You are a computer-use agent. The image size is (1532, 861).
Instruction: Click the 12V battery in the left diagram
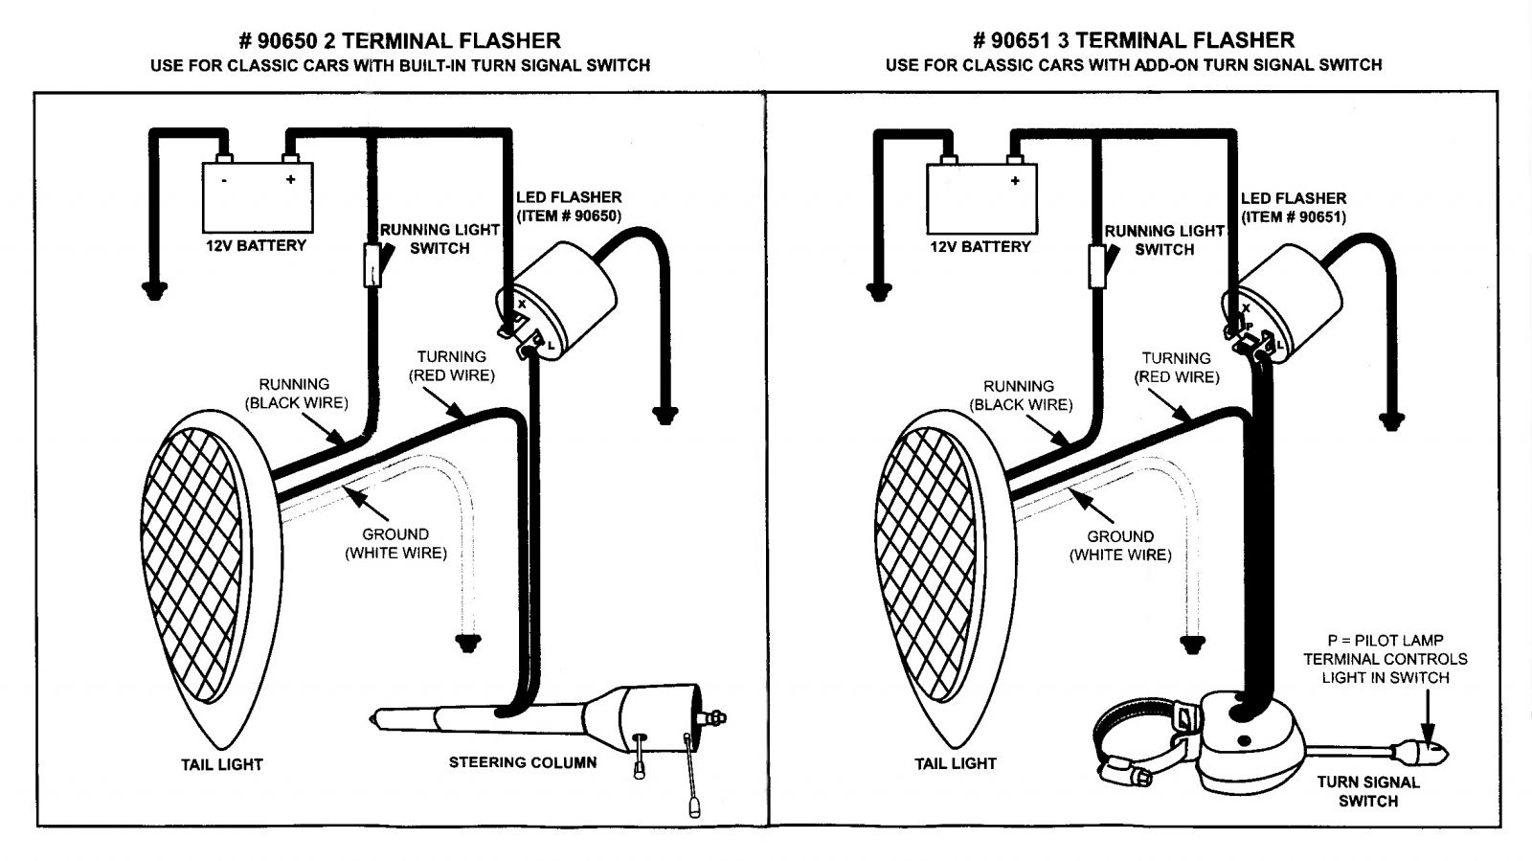[257, 198]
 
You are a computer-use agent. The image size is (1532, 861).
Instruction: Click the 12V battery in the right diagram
[981, 198]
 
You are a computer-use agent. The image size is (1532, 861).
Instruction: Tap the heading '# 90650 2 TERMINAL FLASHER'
[399, 40]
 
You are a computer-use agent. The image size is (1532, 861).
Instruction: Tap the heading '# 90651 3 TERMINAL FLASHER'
[1133, 40]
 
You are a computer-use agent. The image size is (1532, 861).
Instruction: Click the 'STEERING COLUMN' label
[523, 762]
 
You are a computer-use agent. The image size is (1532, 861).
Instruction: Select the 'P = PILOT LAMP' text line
[1385, 640]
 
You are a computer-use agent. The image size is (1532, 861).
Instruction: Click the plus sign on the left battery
[290, 179]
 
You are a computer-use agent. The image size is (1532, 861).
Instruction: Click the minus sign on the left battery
[223, 179]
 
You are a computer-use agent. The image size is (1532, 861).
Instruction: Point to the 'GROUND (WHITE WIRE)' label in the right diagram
[1120, 545]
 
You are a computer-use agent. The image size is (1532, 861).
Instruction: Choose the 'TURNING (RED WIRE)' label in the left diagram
[452, 366]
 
